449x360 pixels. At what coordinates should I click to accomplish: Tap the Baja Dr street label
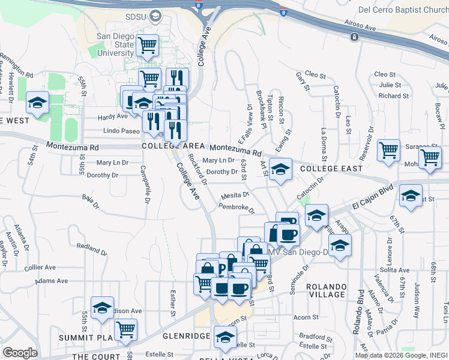click(89, 200)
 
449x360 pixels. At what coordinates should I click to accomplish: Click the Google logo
click(20, 352)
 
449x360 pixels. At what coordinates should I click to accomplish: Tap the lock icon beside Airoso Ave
click(355, 37)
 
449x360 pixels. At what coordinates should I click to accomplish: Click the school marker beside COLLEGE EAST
click(280, 169)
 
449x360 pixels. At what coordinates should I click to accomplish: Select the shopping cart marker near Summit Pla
click(125, 328)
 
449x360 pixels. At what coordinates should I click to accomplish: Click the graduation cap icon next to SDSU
click(155, 16)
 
